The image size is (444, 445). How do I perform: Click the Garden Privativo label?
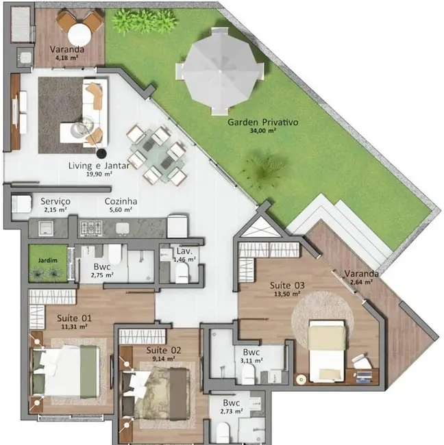tap(263, 123)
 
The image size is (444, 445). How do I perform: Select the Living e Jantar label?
tap(90, 166)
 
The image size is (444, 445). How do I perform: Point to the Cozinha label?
tap(121, 202)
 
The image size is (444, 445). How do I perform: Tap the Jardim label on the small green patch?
tap(47, 260)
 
